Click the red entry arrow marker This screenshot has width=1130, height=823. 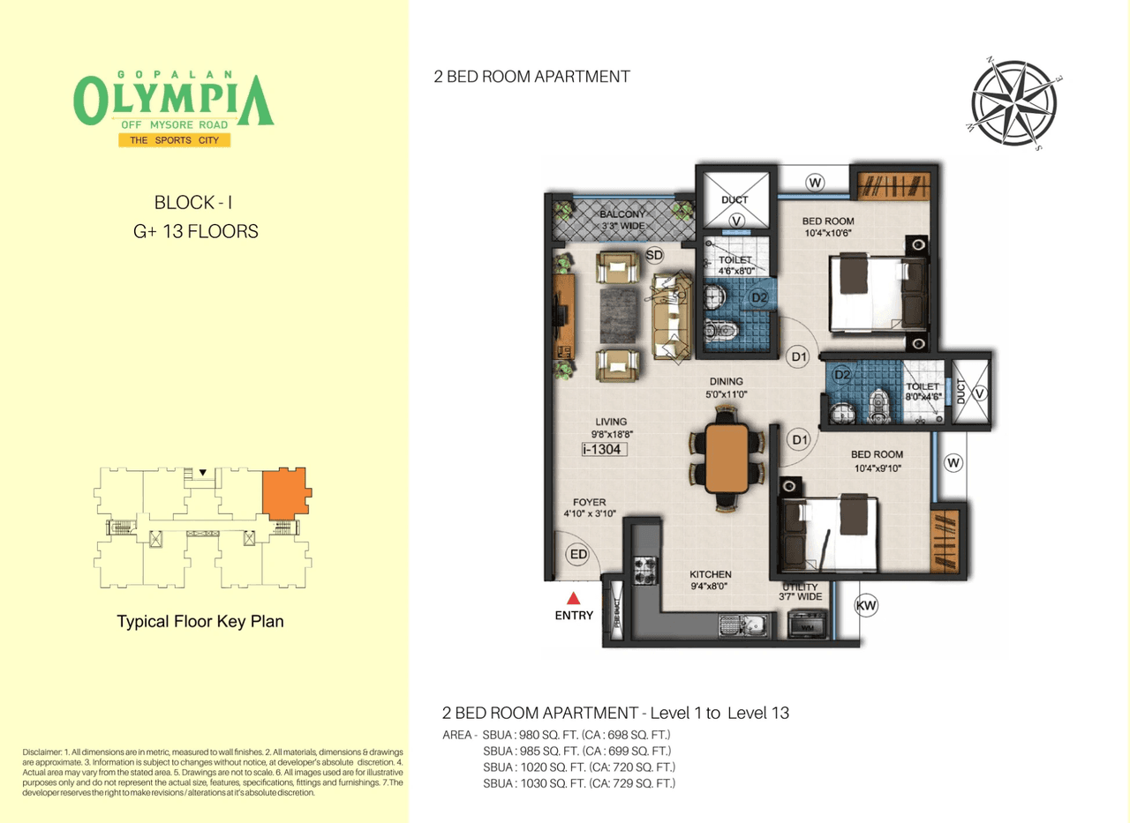click(x=575, y=599)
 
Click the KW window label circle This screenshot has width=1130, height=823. click(x=865, y=606)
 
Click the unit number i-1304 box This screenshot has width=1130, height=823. click(x=605, y=450)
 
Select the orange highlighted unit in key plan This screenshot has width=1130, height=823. click(x=284, y=491)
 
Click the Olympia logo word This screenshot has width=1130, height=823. click(x=173, y=100)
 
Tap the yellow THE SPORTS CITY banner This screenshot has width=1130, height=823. click(x=174, y=140)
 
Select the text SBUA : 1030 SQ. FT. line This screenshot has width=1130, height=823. click(x=579, y=783)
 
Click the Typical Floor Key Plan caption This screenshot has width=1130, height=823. click(x=200, y=622)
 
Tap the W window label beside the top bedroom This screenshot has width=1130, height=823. click(x=815, y=183)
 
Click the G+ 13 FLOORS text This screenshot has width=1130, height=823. click(x=193, y=232)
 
